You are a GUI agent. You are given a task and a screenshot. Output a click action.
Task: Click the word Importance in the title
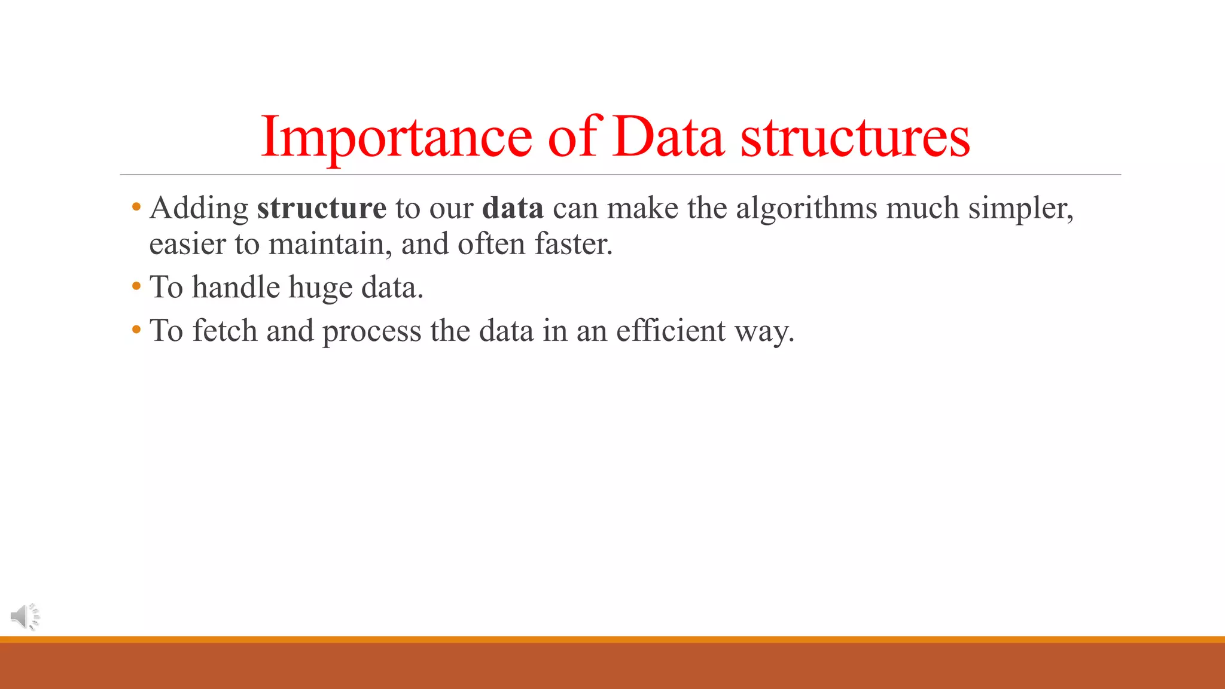click(x=396, y=138)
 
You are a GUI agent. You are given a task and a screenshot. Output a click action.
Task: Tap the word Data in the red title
click(x=668, y=138)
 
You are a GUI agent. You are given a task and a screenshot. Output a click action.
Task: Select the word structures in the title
click(x=855, y=138)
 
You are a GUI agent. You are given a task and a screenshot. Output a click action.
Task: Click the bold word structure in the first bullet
click(x=322, y=208)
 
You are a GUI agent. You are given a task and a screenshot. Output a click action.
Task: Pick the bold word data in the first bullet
click(x=513, y=208)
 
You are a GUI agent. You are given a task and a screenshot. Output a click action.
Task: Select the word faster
click(x=572, y=244)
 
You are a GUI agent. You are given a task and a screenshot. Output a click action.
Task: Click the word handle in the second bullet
click(x=236, y=287)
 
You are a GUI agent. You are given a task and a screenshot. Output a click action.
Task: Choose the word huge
click(x=320, y=288)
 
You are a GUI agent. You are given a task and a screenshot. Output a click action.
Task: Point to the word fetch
click(x=224, y=330)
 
